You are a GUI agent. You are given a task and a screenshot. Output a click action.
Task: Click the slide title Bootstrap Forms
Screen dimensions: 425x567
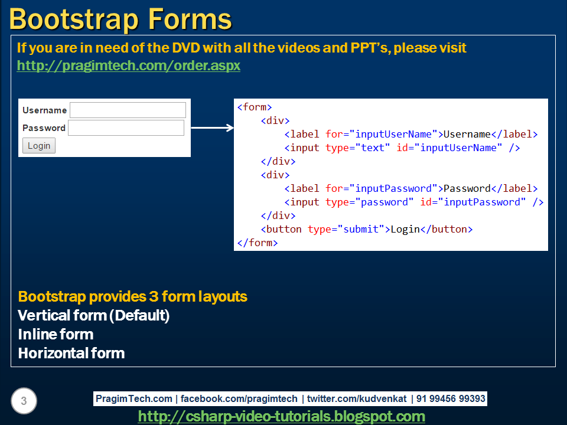click(120, 19)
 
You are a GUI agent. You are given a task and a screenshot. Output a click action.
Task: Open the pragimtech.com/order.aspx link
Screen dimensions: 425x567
click(129, 66)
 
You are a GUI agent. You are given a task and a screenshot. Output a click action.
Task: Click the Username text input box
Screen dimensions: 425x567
click(128, 110)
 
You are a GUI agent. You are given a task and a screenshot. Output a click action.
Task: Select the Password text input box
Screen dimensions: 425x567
click(126, 128)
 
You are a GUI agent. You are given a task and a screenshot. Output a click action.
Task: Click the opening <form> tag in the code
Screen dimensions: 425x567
click(255, 107)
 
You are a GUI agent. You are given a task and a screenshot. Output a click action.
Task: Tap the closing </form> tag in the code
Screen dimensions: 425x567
click(257, 243)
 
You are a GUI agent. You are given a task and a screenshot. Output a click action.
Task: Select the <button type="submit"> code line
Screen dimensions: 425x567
click(366, 229)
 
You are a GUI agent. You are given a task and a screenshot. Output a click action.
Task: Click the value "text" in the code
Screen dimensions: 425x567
click(372, 148)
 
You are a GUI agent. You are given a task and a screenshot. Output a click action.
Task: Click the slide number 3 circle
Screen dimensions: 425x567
click(24, 401)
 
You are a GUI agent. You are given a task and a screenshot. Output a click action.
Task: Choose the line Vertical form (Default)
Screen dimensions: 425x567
click(94, 316)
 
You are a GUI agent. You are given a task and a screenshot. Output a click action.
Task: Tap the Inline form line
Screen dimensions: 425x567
click(56, 335)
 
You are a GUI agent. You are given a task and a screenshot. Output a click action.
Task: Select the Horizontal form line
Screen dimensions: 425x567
click(71, 354)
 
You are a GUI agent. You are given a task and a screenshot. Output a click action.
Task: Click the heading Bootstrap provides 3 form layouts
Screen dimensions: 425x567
click(132, 296)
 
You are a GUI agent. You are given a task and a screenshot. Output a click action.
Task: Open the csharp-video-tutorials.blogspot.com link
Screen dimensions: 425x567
click(281, 417)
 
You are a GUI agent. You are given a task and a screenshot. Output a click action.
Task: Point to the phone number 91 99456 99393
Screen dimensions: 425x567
click(451, 399)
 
